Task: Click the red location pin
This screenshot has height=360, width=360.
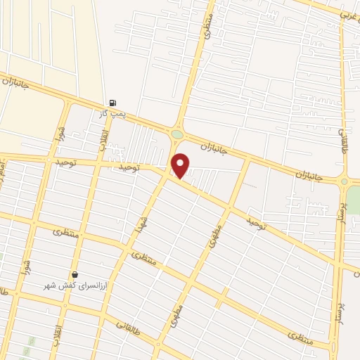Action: pyautogui.click(x=181, y=165)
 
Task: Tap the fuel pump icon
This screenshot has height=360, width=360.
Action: pyautogui.click(x=112, y=102)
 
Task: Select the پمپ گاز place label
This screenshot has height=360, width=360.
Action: pyautogui.click(x=112, y=112)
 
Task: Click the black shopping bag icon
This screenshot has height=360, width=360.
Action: pyautogui.click(x=75, y=275)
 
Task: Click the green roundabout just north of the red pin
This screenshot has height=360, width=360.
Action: pyautogui.click(x=176, y=134)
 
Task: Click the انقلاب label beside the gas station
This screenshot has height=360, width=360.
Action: pyautogui.click(x=104, y=135)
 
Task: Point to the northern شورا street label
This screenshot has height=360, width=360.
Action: pyautogui.click(x=61, y=132)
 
